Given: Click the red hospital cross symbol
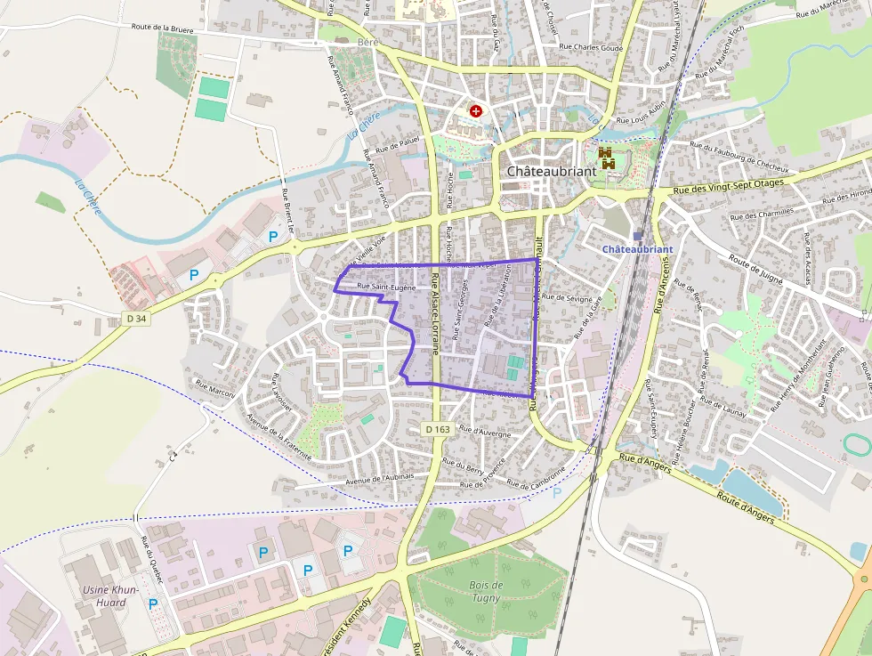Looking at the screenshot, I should coord(476,111).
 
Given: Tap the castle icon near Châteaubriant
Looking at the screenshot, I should coord(607,158).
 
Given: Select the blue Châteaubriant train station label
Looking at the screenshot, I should coord(638,249).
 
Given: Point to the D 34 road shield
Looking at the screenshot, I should coord(135,318).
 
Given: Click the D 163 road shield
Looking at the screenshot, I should coord(438,429).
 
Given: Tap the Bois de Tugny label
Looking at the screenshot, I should coord(486,591).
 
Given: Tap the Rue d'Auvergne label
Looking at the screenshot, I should coord(487,432).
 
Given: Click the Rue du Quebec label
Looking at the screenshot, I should coord(152,558).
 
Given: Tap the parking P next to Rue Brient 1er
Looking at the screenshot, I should coord(273,237).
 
